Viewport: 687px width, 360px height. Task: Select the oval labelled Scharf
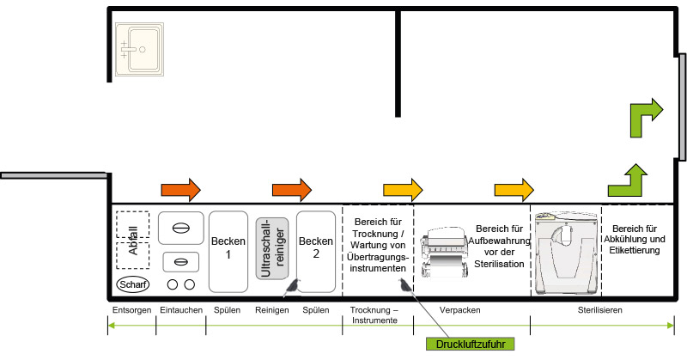click(x=133, y=284)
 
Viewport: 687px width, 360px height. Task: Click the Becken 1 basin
click(x=228, y=249)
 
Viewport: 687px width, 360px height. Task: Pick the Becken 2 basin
click(x=315, y=249)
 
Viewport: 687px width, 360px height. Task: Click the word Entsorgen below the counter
click(x=132, y=309)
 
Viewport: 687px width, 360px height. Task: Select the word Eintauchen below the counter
click(x=181, y=309)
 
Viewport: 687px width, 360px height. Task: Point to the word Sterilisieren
click(x=599, y=309)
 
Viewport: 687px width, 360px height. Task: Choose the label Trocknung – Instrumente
click(x=377, y=314)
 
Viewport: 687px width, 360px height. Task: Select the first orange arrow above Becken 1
click(x=180, y=187)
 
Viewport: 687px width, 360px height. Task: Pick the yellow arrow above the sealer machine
click(x=514, y=187)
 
